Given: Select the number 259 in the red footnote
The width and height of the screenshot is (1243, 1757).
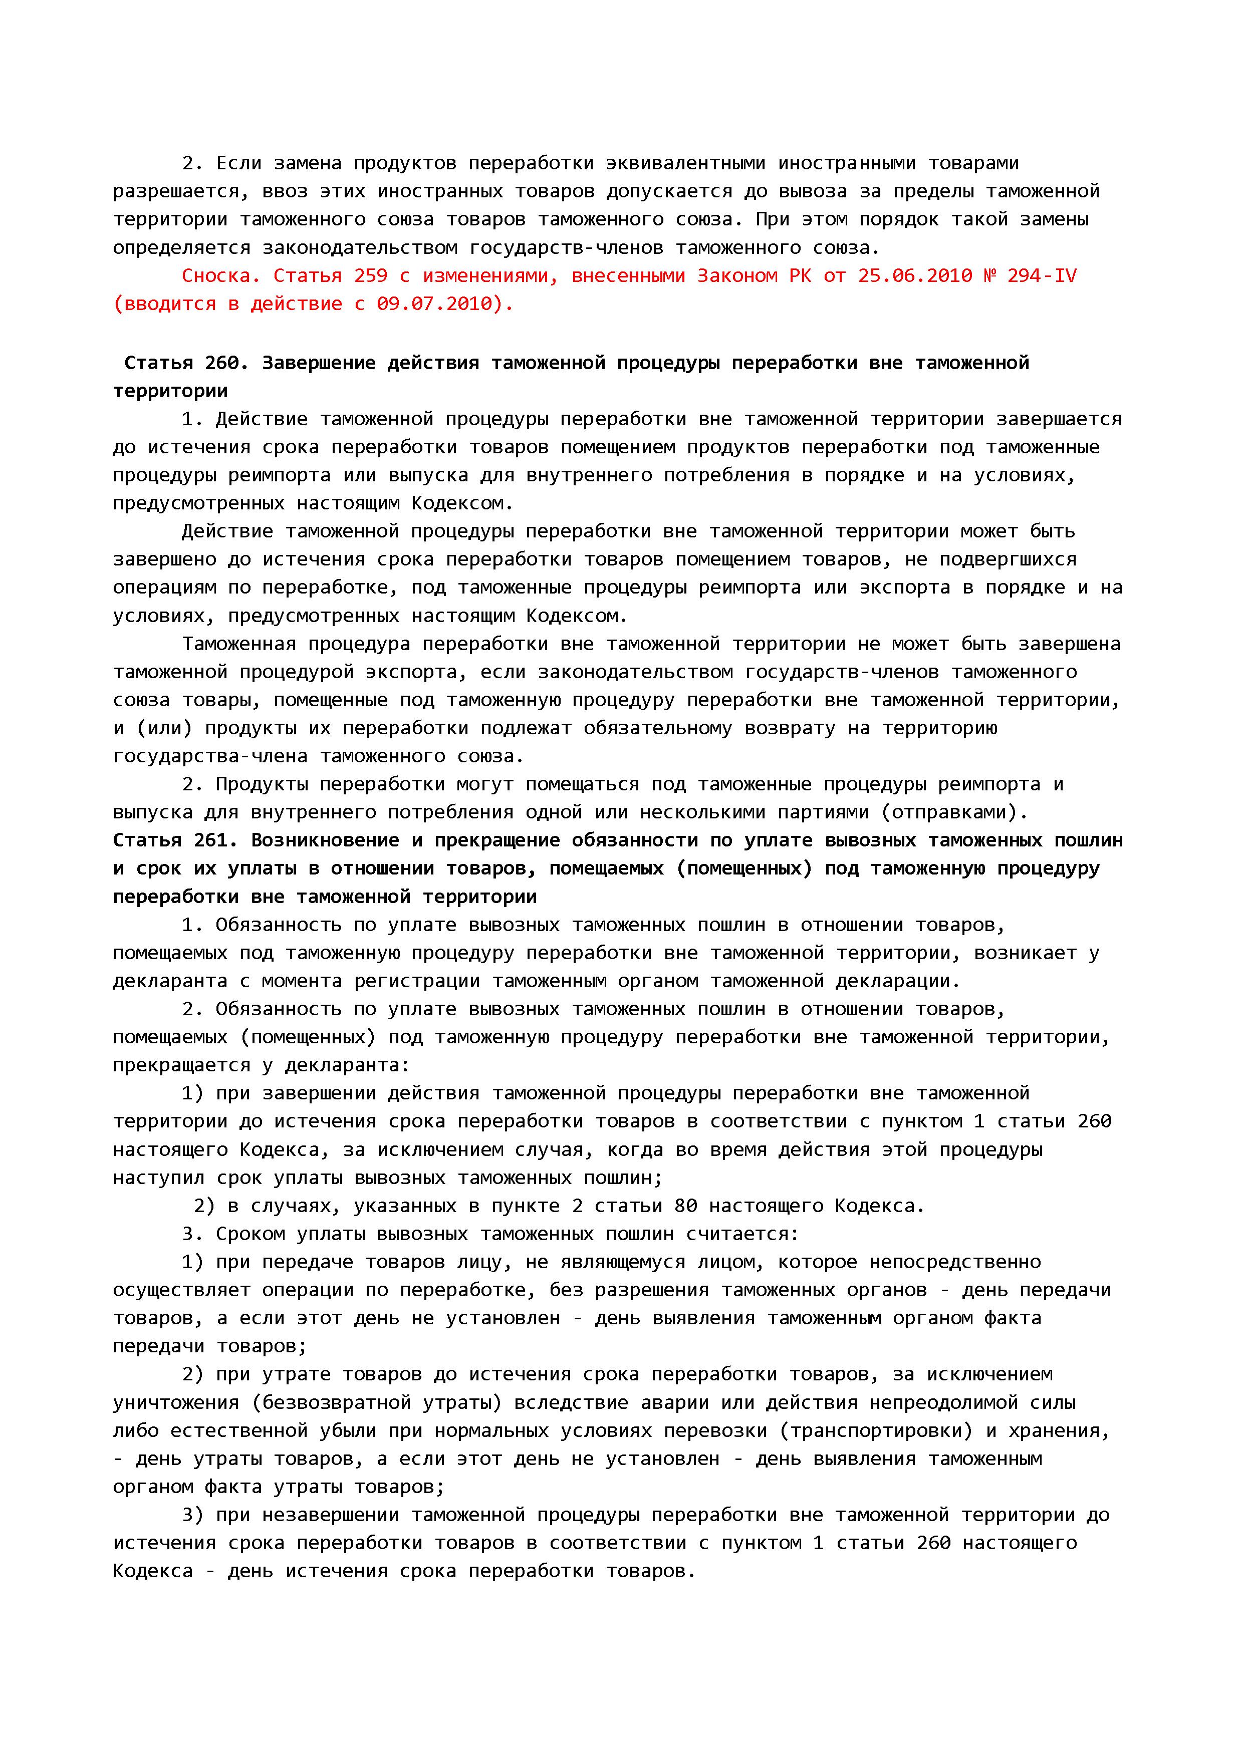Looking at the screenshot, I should pos(370,275).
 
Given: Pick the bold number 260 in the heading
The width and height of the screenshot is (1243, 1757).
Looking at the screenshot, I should pos(222,363).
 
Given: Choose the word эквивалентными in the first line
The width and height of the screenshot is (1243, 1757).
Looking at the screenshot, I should pos(686,163).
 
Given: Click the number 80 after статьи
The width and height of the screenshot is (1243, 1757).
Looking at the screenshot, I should pos(686,1206).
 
